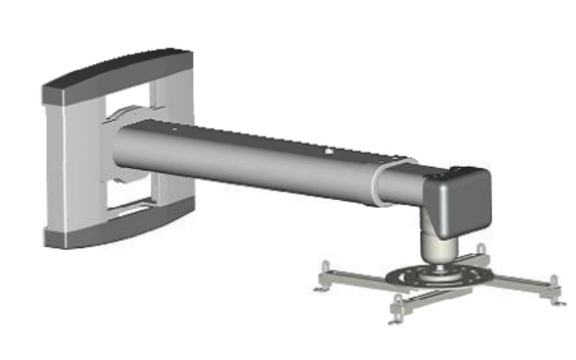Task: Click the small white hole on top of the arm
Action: [x=327, y=152]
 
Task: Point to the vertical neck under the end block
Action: [x=438, y=248]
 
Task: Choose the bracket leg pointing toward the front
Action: [x=418, y=298]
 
